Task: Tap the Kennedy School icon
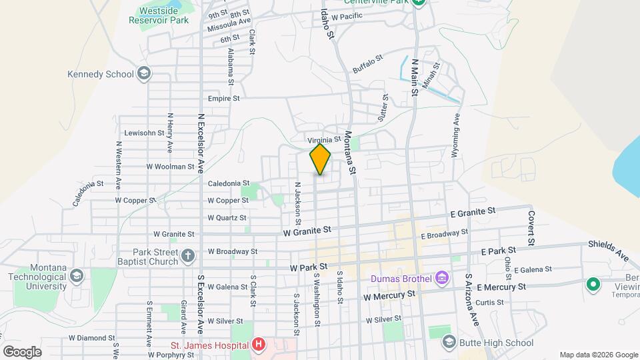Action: pyautogui.click(x=143, y=74)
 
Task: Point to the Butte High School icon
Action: pyautogui.click(x=449, y=343)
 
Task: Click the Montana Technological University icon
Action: pyautogui.click(x=77, y=276)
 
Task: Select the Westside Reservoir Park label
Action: pyautogui.click(x=164, y=15)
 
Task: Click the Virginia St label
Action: pyautogui.click(x=324, y=140)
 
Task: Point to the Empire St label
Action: pyautogui.click(x=223, y=98)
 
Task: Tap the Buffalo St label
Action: pyautogui.click(x=369, y=64)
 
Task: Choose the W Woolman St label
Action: pyautogui.click(x=170, y=167)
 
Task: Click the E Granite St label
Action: pyautogui.click(x=473, y=211)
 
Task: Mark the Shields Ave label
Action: pyautogui.click(x=609, y=251)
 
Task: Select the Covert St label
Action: pyautogui.click(x=532, y=227)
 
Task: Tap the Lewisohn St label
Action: pyautogui.click(x=144, y=133)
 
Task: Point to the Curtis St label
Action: pyautogui.click(x=489, y=302)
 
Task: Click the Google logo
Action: pyautogui.click(x=22, y=351)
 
